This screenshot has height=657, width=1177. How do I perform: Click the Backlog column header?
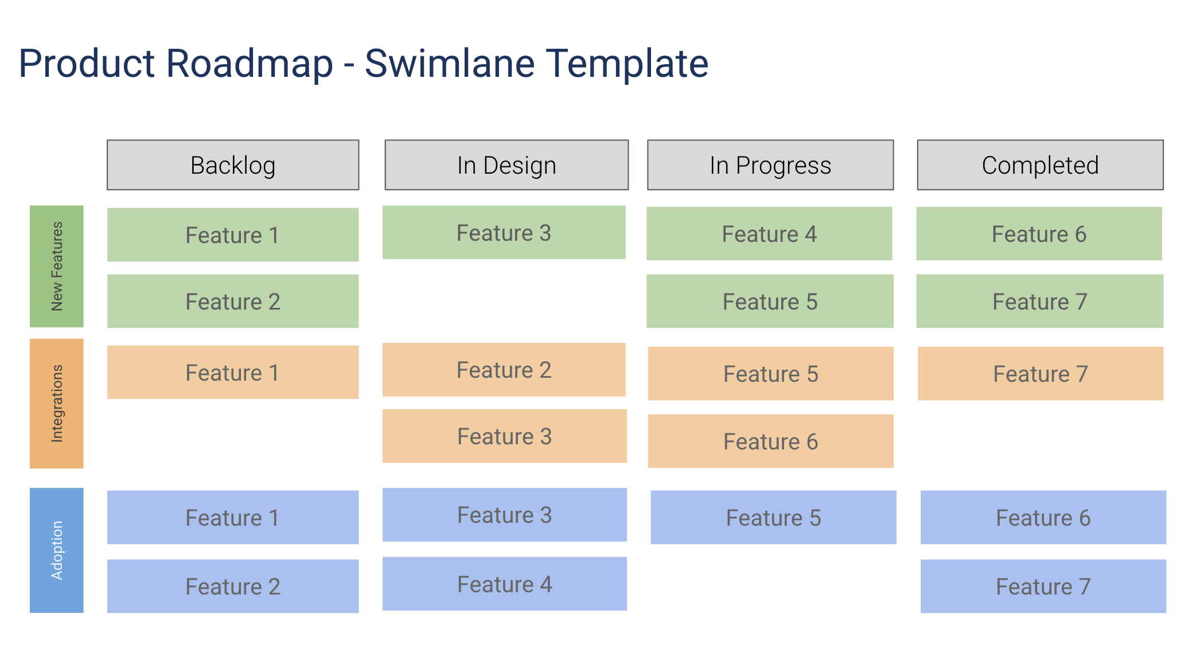[233, 165]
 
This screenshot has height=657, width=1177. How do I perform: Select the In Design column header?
[506, 165]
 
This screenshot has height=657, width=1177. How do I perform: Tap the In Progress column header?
[770, 165]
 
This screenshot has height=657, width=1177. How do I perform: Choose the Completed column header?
[1040, 165]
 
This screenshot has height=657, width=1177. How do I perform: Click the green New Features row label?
[57, 267]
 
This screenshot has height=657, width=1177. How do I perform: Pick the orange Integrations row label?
[57, 404]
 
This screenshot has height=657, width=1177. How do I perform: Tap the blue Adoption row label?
[57, 550]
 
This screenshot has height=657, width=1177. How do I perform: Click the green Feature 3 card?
[504, 233]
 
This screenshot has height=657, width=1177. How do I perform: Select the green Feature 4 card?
[769, 234]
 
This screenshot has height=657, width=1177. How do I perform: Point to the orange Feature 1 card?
[233, 373]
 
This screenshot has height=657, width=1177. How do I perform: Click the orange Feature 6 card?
[770, 441]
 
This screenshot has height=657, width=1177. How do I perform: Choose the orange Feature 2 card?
[504, 370]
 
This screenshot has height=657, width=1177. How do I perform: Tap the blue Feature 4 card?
[504, 584]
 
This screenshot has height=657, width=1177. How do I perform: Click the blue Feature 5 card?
[773, 518]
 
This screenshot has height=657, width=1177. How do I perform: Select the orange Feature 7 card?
[1040, 374]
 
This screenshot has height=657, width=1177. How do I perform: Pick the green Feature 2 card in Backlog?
[233, 302]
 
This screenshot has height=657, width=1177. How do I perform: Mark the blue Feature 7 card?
[1043, 586]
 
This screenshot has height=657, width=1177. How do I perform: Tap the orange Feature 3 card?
[504, 436]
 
